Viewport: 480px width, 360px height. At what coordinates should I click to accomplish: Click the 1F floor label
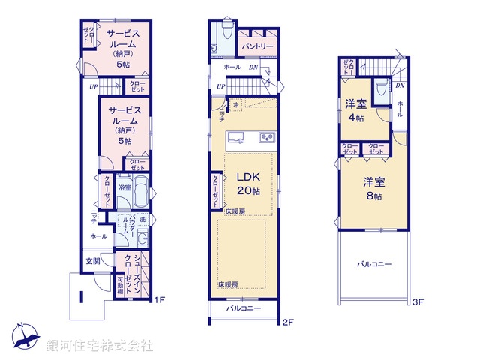click(158, 301)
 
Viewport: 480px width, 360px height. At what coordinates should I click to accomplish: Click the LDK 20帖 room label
click(248, 184)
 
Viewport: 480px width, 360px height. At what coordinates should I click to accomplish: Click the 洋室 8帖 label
click(373, 188)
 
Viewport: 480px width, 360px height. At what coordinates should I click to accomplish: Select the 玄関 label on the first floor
click(92, 261)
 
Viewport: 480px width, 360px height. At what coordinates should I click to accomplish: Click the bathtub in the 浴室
click(141, 191)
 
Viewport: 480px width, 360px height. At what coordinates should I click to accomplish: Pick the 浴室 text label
click(124, 187)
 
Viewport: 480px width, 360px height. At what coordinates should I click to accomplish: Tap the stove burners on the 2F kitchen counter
click(268, 137)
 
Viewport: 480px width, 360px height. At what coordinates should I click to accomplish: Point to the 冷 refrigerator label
click(236, 106)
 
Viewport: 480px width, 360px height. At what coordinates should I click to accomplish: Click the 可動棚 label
click(120, 286)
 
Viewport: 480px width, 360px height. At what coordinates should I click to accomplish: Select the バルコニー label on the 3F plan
click(374, 265)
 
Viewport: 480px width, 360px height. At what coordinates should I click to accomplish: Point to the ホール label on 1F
click(97, 235)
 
